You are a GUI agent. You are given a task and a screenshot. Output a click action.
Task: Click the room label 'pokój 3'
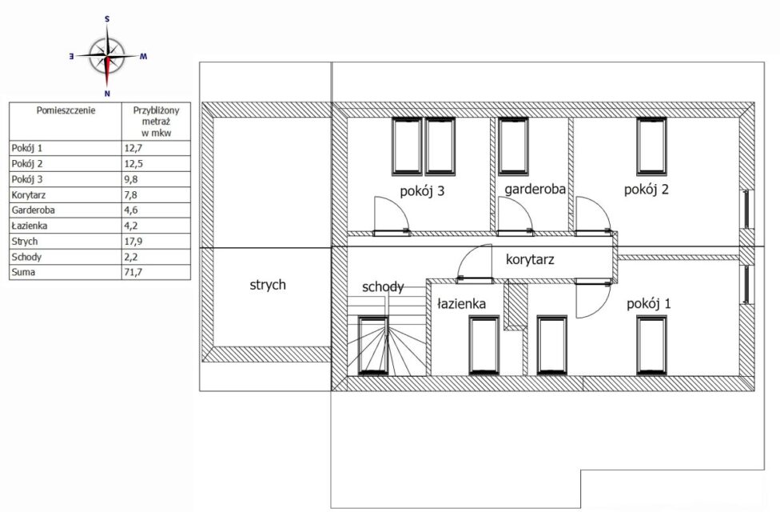(422, 191)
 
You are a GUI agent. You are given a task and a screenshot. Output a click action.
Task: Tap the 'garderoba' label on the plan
(535, 190)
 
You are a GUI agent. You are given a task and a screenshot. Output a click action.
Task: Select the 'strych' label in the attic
(268, 285)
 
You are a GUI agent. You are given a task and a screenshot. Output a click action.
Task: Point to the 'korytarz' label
(530, 259)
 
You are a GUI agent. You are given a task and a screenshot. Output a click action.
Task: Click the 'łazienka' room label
(461, 303)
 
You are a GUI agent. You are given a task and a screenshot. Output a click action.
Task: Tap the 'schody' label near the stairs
(383, 287)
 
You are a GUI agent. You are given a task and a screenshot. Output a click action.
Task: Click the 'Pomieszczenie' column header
(66, 110)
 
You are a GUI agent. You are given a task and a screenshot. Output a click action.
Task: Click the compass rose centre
(107, 56)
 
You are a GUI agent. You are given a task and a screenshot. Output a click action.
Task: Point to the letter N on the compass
(107, 93)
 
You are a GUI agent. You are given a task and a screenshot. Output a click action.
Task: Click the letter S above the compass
(107, 19)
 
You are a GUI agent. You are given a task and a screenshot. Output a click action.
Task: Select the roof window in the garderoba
(513, 146)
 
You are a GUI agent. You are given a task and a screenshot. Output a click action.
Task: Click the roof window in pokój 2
(651, 146)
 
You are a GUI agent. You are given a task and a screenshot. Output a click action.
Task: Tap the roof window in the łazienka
(484, 345)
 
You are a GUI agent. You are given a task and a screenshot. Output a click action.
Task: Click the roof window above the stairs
(373, 345)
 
